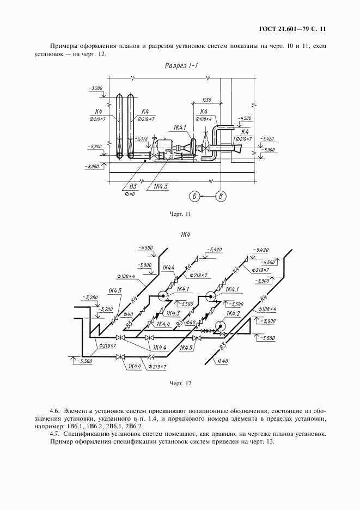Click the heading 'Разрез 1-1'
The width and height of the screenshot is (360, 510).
(x=181, y=66)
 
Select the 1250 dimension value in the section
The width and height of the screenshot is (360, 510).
(x=206, y=100)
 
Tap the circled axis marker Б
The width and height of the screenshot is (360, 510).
(x=194, y=196)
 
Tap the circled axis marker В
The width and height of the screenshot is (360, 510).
(x=220, y=196)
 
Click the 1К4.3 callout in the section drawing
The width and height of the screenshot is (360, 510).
(x=160, y=187)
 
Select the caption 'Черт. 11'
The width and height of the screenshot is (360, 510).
(x=180, y=214)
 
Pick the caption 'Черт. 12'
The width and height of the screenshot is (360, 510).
(x=180, y=384)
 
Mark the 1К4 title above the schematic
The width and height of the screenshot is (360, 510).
(x=184, y=235)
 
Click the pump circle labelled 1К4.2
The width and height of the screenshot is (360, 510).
(x=220, y=326)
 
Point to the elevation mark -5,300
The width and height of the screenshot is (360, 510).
(x=83, y=360)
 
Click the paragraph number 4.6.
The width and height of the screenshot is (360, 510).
(x=54, y=410)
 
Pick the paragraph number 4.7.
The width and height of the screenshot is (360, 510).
(x=54, y=434)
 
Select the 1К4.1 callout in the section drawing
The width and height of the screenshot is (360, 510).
(x=180, y=128)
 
